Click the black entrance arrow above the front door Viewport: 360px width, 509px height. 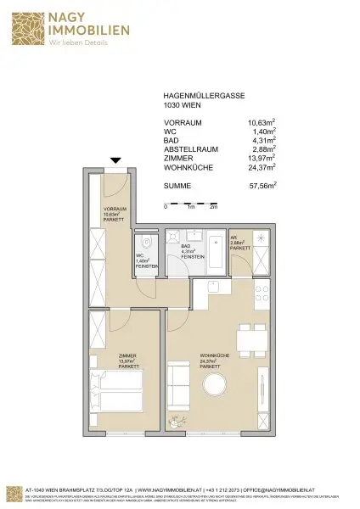pyautogui.click(x=115, y=161)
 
